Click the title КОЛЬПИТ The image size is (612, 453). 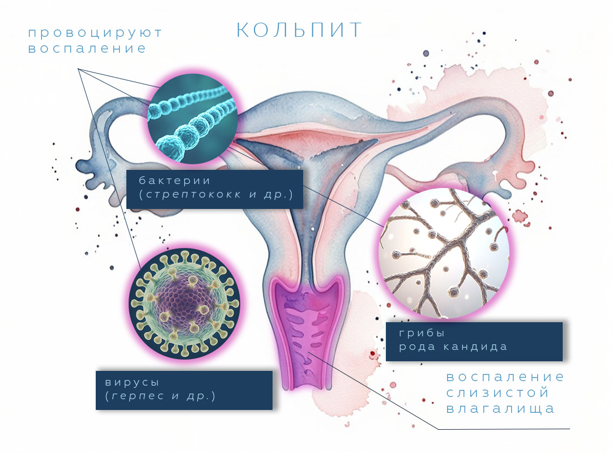299,30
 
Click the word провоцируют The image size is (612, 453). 95,33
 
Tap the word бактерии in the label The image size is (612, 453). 175,181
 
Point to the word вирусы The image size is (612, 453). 132,382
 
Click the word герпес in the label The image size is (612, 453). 138,396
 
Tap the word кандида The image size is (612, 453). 475,347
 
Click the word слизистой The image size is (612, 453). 498,392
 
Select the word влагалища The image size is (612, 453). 500,409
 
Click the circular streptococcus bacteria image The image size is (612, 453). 193,118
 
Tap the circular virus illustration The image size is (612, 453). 185,304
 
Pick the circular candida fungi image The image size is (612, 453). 444,253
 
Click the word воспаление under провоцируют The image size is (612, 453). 87,49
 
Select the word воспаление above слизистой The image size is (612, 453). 505,377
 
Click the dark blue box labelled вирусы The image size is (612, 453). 184,390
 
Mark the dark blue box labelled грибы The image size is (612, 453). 474,341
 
